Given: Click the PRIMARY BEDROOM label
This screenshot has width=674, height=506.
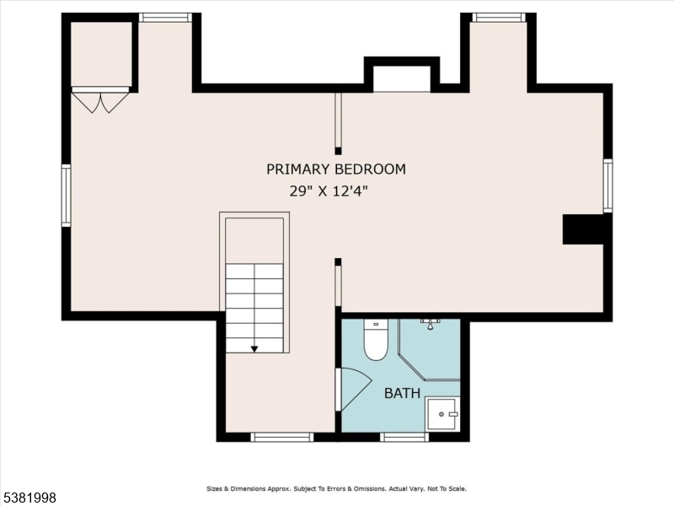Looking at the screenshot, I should (x=336, y=169).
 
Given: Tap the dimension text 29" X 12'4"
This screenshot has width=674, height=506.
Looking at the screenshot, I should (x=329, y=191).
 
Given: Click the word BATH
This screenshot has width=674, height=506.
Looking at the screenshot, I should (x=403, y=393).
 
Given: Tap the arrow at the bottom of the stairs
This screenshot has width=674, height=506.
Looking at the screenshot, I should (x=254, y=348).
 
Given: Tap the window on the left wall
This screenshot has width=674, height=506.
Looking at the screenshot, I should (x=66, y=196).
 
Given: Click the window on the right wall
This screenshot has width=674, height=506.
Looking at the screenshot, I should (x=607, y=186).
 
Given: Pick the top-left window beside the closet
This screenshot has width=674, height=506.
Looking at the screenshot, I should (x=165, y=18).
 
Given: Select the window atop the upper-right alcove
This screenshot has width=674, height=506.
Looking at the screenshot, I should (x=499, y=17).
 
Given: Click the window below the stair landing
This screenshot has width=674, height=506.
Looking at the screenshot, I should (x=282, y=437).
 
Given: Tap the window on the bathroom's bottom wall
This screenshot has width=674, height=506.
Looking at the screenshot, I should (x=404, y=437).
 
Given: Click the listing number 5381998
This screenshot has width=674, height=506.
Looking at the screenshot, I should (x=30, y=498).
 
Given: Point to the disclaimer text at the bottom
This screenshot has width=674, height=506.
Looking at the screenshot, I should (x=336, y=488).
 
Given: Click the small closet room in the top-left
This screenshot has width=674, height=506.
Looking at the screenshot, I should (x=101, y=52).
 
